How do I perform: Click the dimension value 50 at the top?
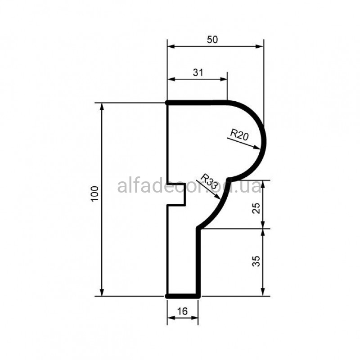click(212, 40)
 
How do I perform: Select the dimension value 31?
click(198, 72)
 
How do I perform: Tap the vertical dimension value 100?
click(95, 194)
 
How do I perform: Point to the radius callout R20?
click(239, 135)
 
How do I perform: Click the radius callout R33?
click(209, 181)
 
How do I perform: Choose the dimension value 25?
click(256, 208)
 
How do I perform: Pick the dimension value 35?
click(256, 261)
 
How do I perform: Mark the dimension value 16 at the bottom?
click(183, 311)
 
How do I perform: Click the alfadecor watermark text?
click(189, 186)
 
